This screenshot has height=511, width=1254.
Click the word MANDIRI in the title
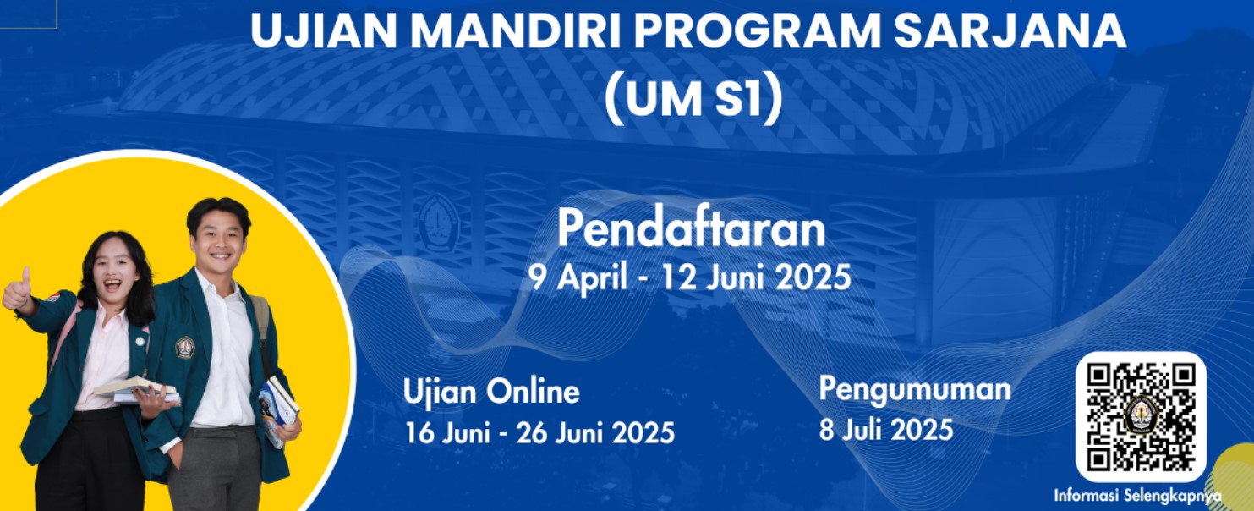point(516,31)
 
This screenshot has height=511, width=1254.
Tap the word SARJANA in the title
point(1010,31)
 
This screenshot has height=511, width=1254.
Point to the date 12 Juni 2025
point(756,277)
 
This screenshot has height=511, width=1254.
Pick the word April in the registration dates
point(592,277)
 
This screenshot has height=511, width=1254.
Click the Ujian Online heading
point(491,392)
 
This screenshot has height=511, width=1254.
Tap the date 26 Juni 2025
point(595,432)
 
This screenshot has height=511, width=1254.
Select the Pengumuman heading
point(915,390)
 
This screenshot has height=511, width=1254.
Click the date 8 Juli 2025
point(886,431)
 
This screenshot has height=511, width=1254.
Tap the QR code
point(1141,417)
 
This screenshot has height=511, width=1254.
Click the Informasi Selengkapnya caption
point(1137,496)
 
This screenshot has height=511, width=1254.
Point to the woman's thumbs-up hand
point(17,290)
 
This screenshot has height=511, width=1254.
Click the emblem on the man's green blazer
point(184,348)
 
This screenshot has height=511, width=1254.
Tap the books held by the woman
point(137,390)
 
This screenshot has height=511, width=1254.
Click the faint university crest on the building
point(439,223)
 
